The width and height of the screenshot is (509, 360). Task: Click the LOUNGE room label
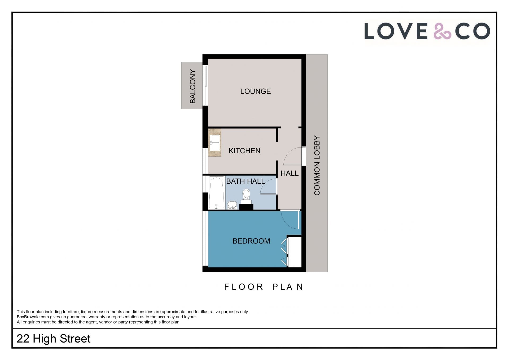point(255,91)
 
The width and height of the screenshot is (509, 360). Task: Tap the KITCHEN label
point(244,151)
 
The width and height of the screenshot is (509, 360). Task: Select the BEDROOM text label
point(251,241)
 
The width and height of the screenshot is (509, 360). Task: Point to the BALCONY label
point(192,86)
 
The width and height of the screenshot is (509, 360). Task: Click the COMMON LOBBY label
point(317,166)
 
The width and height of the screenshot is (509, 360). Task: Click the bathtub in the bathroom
point(216,193)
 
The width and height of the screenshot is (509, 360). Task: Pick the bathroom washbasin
point(232,205)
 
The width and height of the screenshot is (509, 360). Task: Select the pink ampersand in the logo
point(442,31)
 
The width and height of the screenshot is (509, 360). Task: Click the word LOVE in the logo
point(396,31)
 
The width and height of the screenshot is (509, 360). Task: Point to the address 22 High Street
point(54,339)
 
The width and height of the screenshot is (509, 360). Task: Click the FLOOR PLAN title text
point(264,287)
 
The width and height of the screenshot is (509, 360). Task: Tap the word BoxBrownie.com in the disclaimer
point(33,317)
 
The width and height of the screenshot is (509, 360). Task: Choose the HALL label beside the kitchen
point(289,173)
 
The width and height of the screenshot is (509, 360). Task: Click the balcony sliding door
point(205,85)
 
